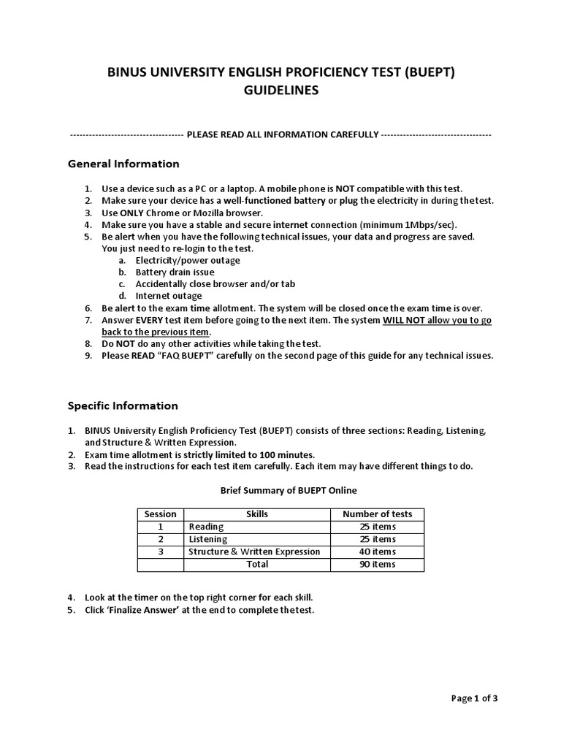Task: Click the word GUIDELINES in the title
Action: pos(281,91)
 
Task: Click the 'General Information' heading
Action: pos(123,164)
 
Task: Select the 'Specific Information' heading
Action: pos(123,405)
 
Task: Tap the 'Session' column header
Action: pos(161,514)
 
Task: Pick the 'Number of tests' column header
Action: pos(377,514)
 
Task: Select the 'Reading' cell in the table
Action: pos(206,526)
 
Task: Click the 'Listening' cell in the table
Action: pos(208,539)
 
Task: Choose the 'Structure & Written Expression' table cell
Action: pos(254,552)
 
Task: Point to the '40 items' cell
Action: pos(377,552)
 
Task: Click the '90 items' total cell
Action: pos(377,564)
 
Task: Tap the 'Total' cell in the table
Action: pos(257,564)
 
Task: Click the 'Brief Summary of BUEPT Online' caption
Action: pos(289,490)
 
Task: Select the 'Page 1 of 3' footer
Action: pos(475,698)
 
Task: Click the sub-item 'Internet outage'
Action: pos(169,296)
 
